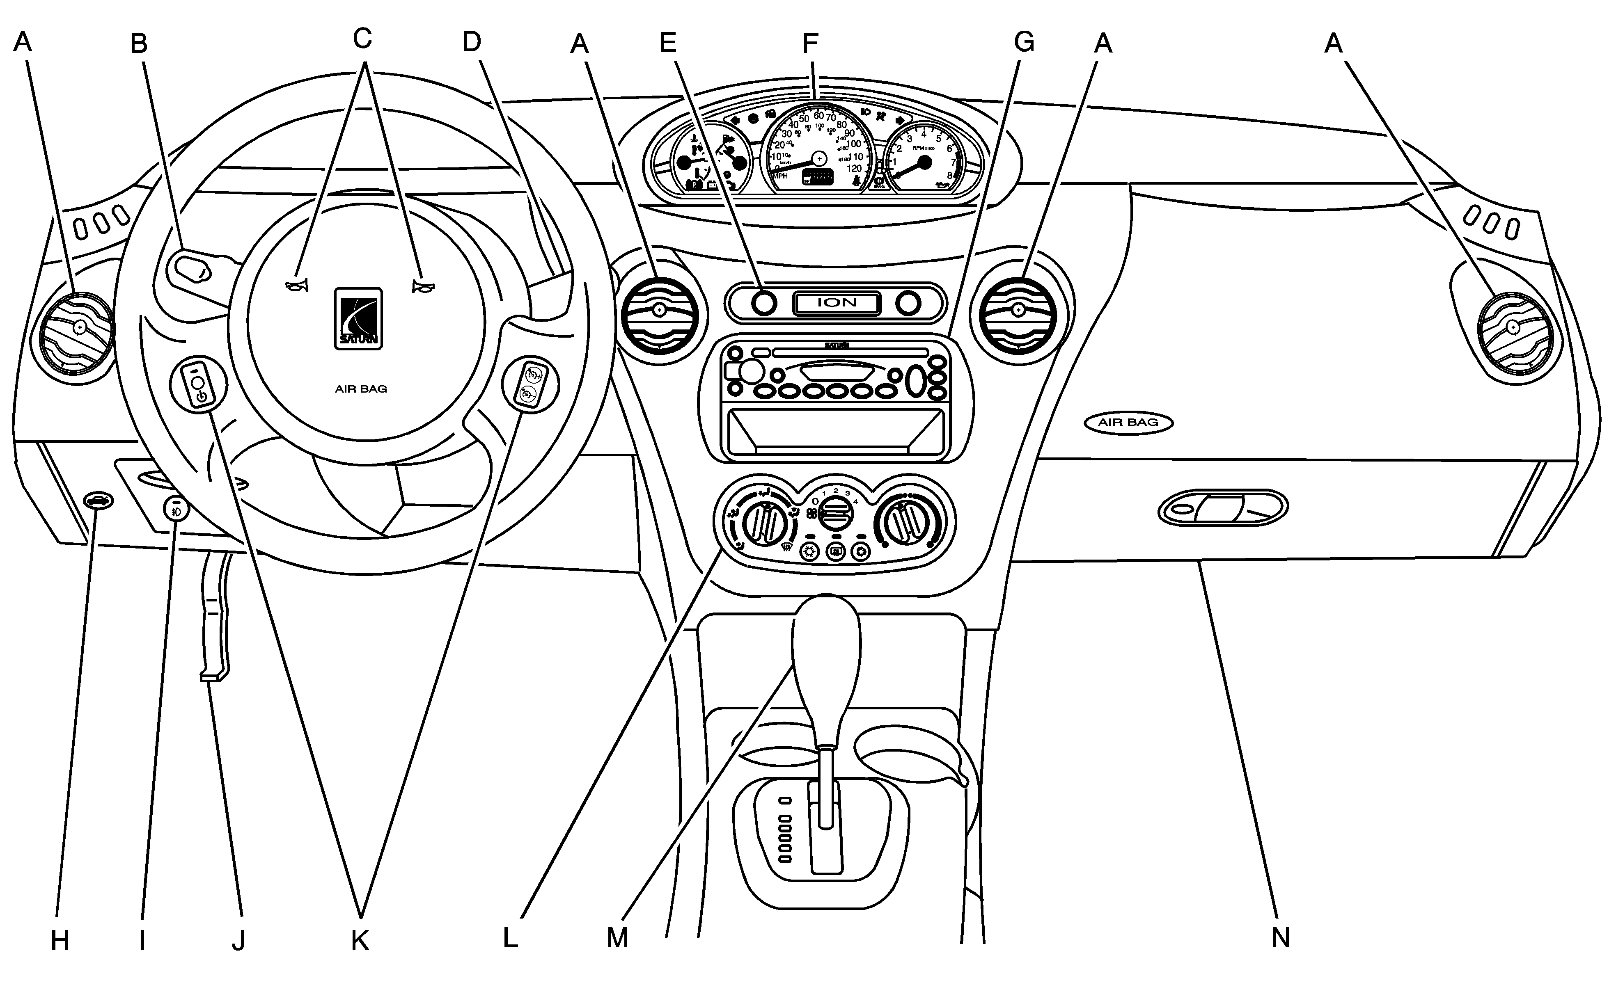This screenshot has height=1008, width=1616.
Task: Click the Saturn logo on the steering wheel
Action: pos(358,319)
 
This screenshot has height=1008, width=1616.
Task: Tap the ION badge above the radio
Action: pos(837,303)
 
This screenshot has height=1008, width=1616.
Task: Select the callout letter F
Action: pos(810,44)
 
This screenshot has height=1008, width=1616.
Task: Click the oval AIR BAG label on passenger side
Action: pos(1128,423)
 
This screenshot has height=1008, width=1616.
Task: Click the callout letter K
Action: pos(360,941)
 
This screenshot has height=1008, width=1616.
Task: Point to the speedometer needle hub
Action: pos(819,158)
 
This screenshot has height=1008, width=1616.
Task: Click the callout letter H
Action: pos(60,941)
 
